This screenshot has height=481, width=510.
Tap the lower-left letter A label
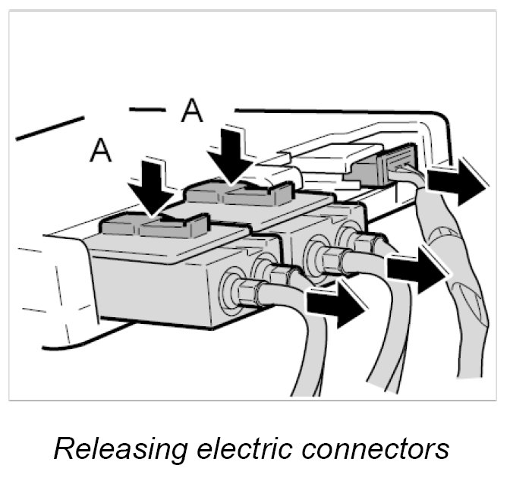(x=101, y=150)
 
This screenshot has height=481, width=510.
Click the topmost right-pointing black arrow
(x=458, y=184)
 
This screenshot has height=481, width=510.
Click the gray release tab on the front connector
(x=155, y=226)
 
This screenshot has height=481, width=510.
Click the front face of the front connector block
(x=152, y=285)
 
